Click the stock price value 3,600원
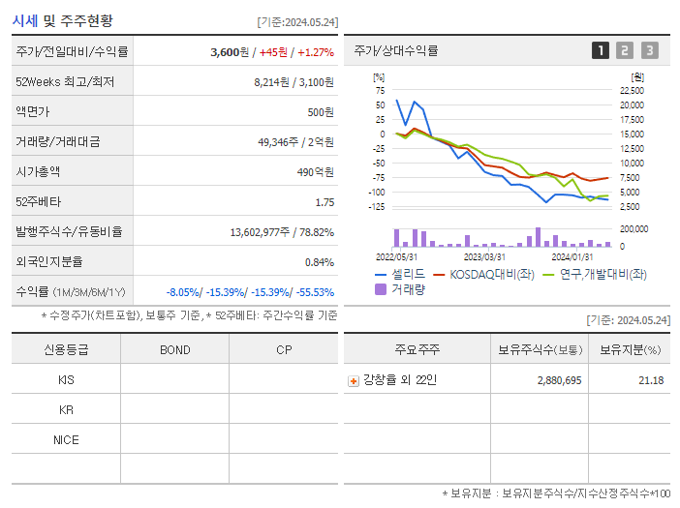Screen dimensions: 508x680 (232, 52)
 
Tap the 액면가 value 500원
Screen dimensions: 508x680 (320, 112)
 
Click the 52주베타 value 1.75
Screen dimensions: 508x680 (325, 202)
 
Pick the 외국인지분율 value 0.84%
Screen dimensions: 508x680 (319, 262)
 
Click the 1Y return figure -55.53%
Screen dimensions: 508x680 (313, 292)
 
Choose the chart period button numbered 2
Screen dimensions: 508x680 (625, 50)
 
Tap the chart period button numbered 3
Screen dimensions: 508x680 (649, 50)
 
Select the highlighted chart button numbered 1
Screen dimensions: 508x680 (601, 50)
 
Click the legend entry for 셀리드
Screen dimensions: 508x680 (399, 274)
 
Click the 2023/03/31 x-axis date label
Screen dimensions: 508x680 (484, 256)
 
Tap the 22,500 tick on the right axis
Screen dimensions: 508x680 (631, 91)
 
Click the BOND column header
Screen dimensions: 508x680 (174, 350)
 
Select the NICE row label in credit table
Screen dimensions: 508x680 (66, 439)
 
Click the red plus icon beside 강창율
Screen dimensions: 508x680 (354, 380)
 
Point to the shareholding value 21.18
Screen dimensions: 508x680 (651, 380)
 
